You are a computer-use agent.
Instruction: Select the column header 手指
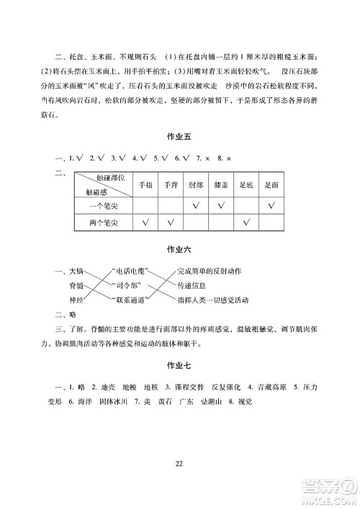[145, 184]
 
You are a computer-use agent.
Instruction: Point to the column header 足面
[271, 184]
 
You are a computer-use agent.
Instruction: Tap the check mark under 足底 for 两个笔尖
[246, 223]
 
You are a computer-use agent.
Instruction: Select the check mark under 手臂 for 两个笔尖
[171, 223]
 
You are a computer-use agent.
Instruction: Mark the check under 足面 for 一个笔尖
[271, 207]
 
